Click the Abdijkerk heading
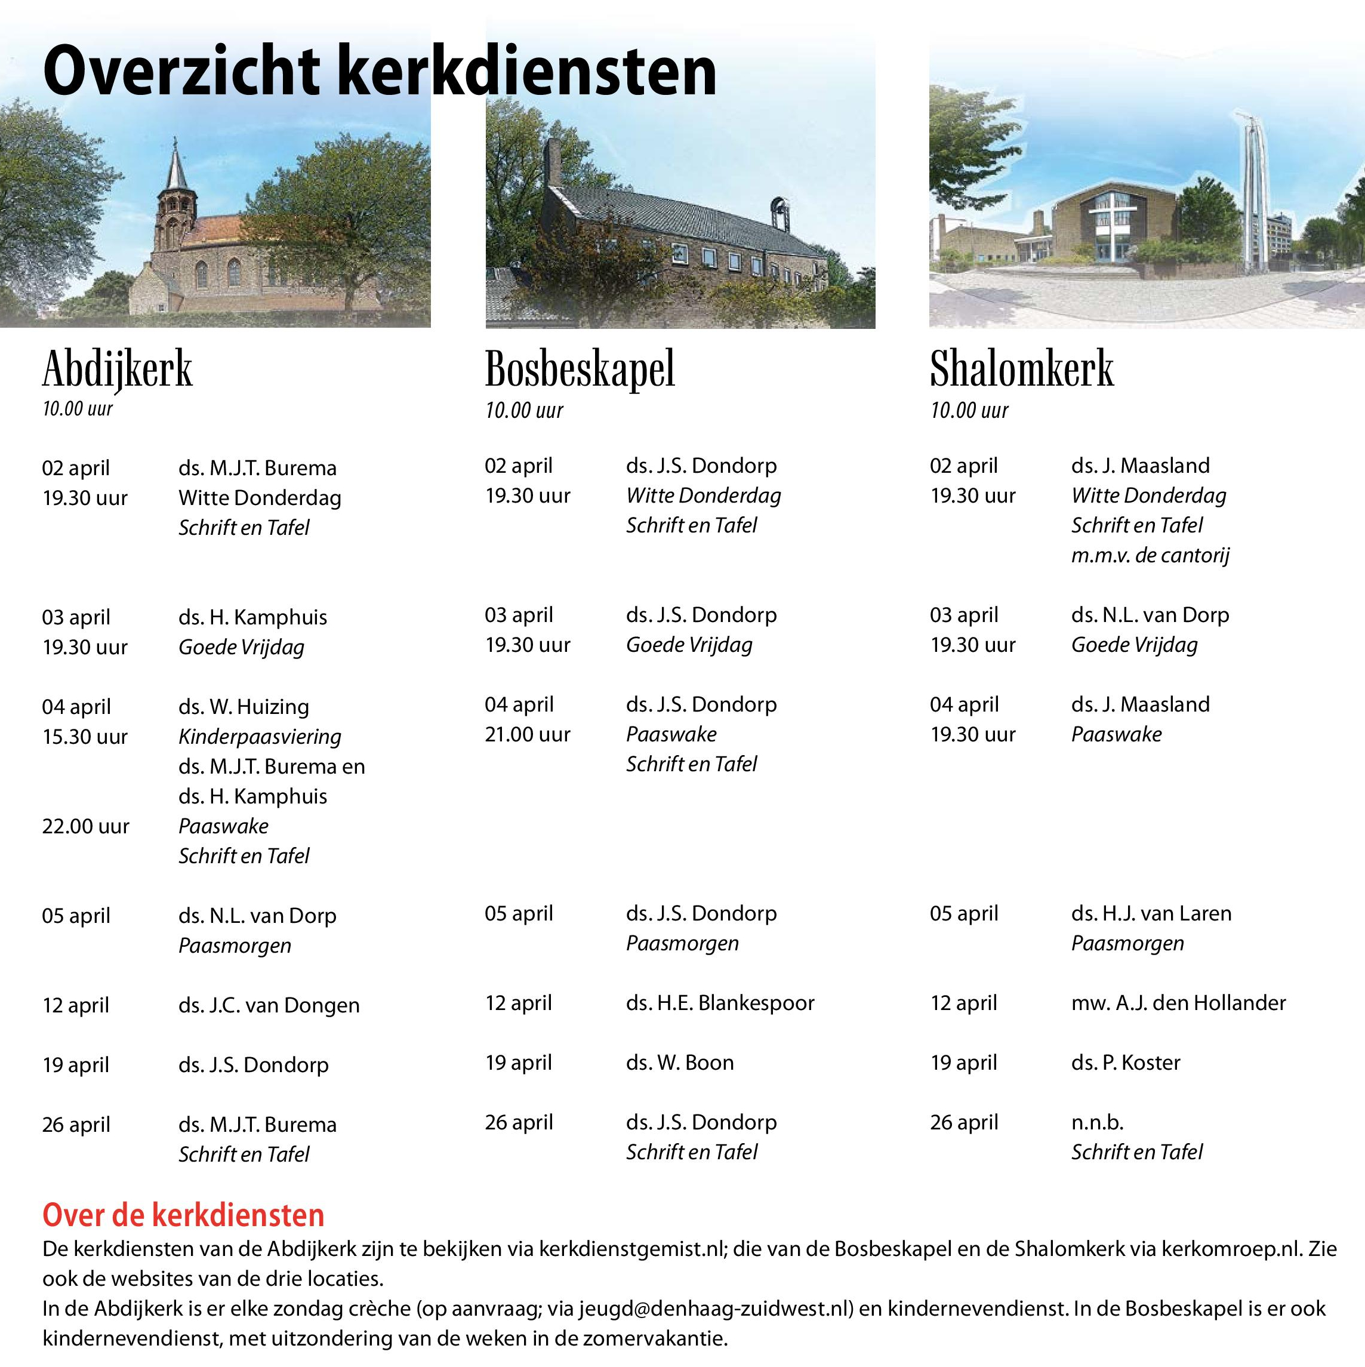[117, 370]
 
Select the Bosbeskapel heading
[580, 370]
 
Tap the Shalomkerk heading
[1021, 370]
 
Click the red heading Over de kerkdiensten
[183, 1215]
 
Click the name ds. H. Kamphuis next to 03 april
[252, 617]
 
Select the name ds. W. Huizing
[244, 707]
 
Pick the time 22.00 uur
[85, 826]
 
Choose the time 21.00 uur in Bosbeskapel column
[527, 734]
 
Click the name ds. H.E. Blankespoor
[720, 1003]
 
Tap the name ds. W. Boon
[679, 1062]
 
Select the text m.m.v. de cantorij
[1150, 555]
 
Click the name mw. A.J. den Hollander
[1178, 1003]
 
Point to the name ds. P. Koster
[1125, 1062]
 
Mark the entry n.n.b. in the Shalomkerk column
[1097, 1122]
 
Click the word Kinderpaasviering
[260, 737]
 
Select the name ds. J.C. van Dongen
[269, 1005]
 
